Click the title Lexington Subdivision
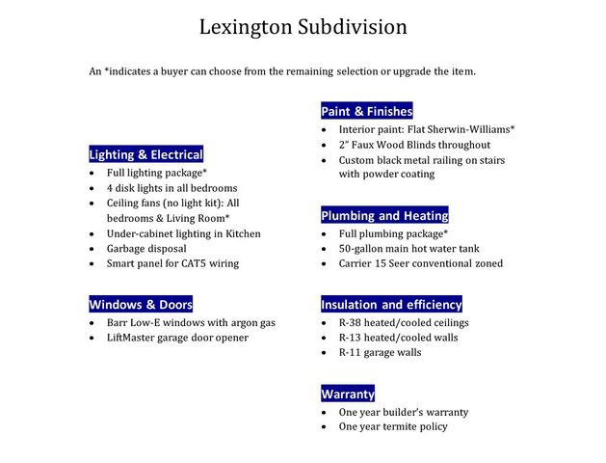click(303, 27)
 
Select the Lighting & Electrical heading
click(145, 154)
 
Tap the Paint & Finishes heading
click(366, 111)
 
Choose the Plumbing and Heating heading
click(384, 215)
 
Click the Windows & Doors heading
click(141, 304)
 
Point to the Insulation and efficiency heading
click(391, 304)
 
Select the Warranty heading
click(347, 394)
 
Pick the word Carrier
click(358, 263)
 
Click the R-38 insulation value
click(353, 322)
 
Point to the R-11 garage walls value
click(353, 353)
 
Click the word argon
click(242, 322)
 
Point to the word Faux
click(371, 145)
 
